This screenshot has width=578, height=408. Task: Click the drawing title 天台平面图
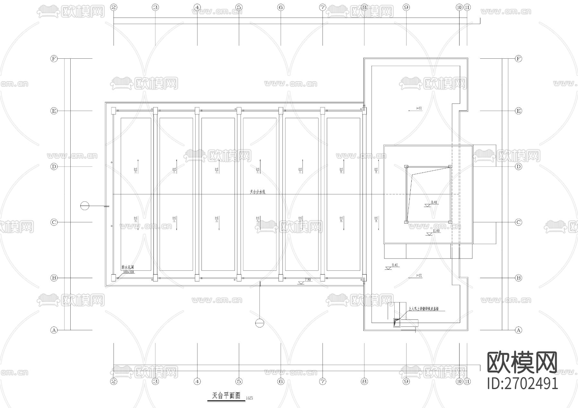pyautogui.click(x=226, y=395)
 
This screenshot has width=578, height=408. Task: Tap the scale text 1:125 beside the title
pyautogui.click(x=249, y=398)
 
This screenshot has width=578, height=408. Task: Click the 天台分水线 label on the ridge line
pyautogui.click(x=258, y=192)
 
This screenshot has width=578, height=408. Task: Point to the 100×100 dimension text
pyautogui.click(x=128, y=272)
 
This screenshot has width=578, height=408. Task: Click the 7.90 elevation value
pyautogui.click(x=307, y=280)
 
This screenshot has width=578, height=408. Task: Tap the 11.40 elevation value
pyautogui.click(x=436, y=231)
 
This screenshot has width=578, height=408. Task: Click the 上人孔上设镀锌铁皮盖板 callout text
pyautogui.click(x=424, y=310)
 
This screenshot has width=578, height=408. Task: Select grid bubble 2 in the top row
pyautogui.click(x=113, y=7)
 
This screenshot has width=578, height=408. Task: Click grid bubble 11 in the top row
pyautogui.click(x=467, y=7)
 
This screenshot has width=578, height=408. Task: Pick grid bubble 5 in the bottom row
pyautogui.click(x=239, y=381)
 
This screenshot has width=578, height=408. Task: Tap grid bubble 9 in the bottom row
pyautogui.click(x=406, y=381)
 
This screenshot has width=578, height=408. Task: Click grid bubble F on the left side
pyautogui.click(x=54, y=59)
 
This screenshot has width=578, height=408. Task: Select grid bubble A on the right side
pyautogui.click(x=518, y=330)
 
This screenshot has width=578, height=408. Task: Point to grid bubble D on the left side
pyautogui.click(x=54, y=166)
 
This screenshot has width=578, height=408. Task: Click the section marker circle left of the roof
pyautogui.click(x=85, y=206)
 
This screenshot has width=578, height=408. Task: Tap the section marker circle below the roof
pyautogui.click(x=259, y=323)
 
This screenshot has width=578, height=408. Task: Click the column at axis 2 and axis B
pyautogui.click(x=113, y=278)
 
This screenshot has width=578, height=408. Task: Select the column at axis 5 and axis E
pyautogui.click(x=239, y=111)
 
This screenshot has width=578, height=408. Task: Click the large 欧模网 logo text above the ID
pyautogui.click(x=522, y=362)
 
